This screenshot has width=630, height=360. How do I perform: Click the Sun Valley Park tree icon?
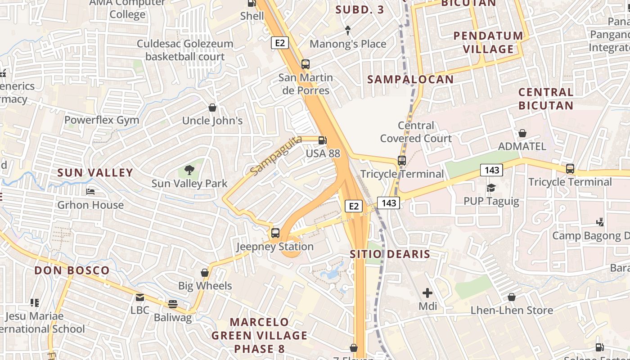tap(189, 170)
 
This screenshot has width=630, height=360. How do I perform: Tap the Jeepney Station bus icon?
tap(275, 233)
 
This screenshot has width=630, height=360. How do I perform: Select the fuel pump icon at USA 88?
tap(322, 140)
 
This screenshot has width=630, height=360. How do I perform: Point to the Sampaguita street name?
tap(275, 156)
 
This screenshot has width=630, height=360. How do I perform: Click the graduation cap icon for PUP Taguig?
tap(491, 188)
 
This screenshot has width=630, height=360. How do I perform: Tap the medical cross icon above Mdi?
tap(427, 293)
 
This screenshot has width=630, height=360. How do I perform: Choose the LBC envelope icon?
tap(140, 297)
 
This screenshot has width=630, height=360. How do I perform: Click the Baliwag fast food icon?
tap(173, 304)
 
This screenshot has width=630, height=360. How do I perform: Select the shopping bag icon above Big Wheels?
tap(205, 273)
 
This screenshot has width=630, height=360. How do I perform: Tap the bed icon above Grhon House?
tap(90, 192)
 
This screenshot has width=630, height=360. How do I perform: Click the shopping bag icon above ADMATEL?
tap(522, 133)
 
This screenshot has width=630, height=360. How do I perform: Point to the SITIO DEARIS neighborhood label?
tap(390, 254)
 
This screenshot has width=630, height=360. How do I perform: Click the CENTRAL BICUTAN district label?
tap(546, 99)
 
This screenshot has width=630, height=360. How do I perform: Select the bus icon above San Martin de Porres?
tap(306, 64)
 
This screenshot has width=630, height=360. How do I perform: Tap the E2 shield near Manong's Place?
tap(279, 43)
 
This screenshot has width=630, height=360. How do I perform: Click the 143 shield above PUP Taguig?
tap(491, 170)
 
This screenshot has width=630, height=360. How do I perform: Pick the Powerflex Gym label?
tap(102, 120)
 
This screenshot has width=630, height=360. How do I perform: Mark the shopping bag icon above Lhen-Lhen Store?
tap(511, 297)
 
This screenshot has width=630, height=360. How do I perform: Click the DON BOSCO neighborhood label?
tap(72, 270)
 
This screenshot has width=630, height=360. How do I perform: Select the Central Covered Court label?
tap(416, 132)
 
